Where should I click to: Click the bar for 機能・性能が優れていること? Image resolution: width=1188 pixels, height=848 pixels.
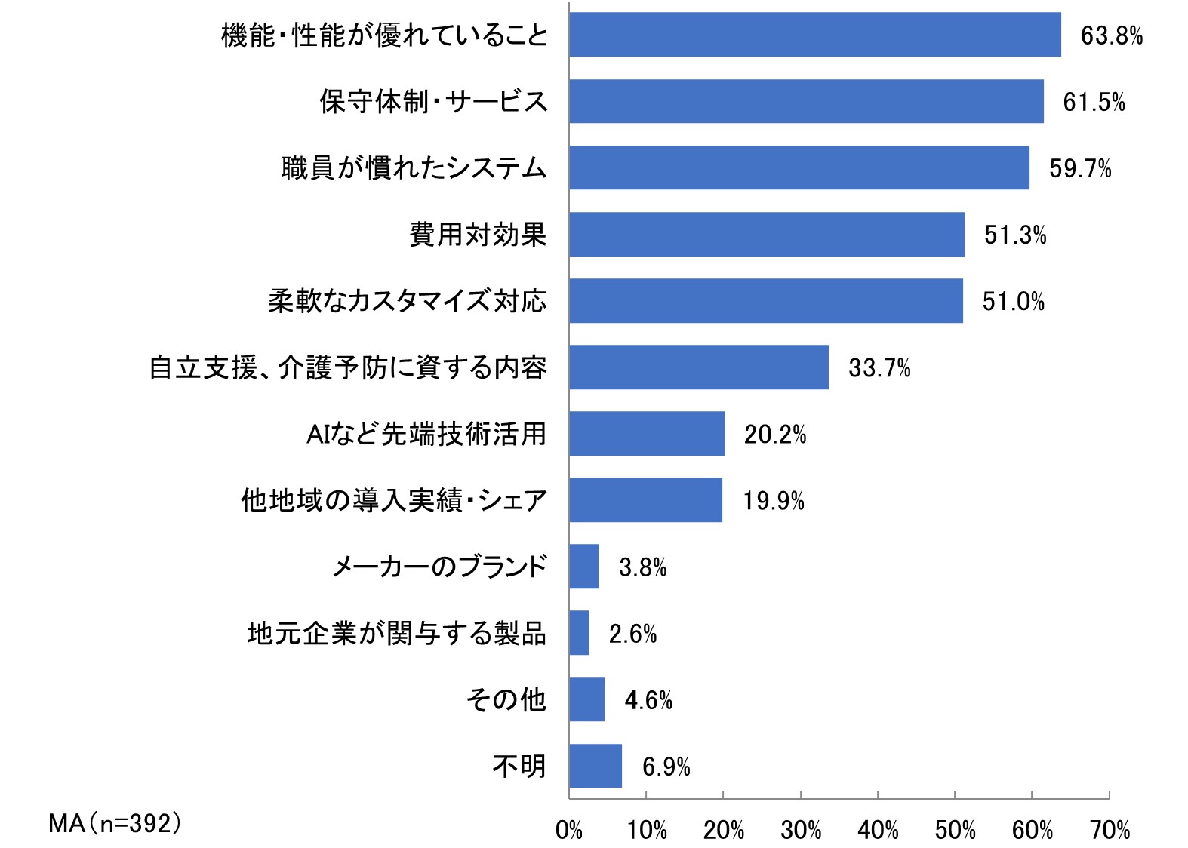coord(815,35)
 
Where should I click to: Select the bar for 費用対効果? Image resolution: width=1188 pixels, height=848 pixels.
coord(767,234)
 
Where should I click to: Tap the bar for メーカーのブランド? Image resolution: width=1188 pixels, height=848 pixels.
coord(584,567)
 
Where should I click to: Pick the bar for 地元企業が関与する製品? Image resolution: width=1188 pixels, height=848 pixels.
coord(579,633)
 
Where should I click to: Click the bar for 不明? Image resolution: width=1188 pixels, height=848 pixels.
coord(596,766)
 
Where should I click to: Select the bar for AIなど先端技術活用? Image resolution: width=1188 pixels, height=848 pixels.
coord(647,434)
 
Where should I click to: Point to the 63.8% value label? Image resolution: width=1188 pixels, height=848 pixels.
coord(1111,35)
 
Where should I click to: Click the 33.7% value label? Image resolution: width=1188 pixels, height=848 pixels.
coord(879,368)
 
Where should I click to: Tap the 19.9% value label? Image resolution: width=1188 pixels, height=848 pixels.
coord(774,501)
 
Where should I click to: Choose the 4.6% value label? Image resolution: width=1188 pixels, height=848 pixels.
coord(648,700)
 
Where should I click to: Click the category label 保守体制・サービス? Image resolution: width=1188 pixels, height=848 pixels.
coord(433,102)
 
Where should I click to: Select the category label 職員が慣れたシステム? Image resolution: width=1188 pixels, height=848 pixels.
coord(414,168)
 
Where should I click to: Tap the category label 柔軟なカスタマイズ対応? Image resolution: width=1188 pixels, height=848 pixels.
coord(408,301)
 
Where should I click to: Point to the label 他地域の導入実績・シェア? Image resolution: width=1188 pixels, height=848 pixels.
coord(394,500)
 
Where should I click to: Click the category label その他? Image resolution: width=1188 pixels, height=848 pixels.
coord(506,700)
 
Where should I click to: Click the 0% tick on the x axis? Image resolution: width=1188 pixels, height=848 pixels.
coord(569,831)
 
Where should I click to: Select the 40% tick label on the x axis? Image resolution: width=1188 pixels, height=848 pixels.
coord(878,831)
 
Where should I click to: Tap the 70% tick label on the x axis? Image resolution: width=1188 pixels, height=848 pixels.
coord(1110,831)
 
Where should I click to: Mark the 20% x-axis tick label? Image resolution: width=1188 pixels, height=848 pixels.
coord(723,831)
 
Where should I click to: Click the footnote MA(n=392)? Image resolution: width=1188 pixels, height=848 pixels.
coord(115,823)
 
